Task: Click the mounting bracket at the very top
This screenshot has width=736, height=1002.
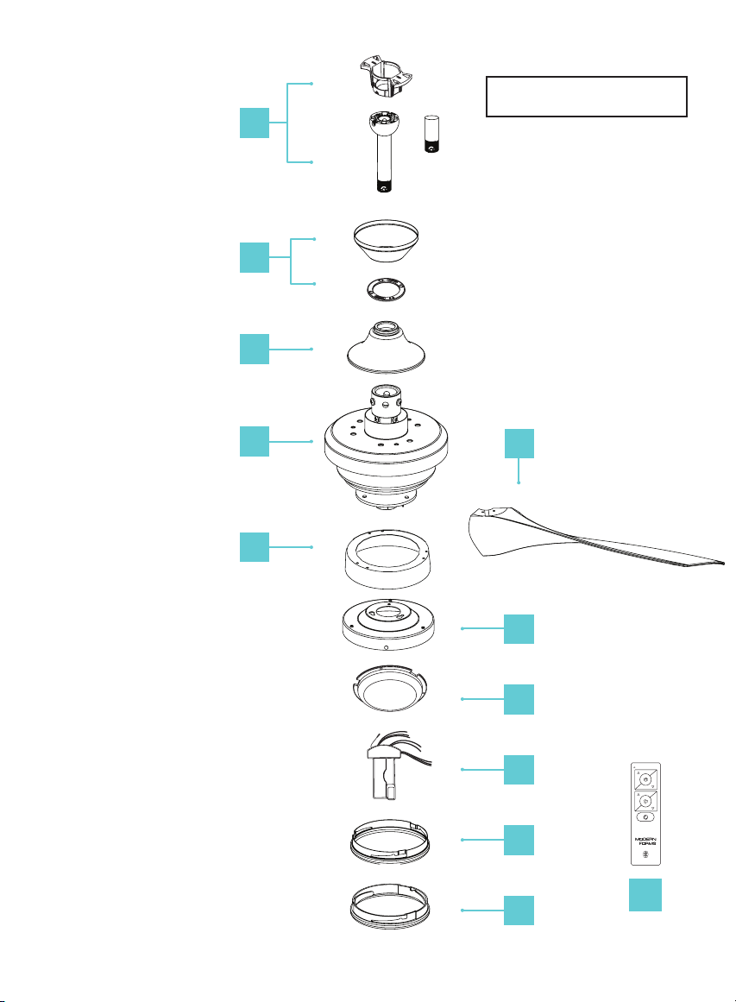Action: pos(386,78)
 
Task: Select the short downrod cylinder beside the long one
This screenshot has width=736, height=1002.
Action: pos(432,134)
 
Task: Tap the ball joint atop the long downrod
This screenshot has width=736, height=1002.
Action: pos(384,122)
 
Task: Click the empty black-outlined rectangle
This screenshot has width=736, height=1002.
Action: pos(587,97)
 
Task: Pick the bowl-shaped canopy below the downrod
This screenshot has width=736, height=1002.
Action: pos(387,241)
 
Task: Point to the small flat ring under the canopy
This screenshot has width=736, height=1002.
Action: pos(387,290)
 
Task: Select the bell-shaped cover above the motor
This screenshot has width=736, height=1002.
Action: pos(387,346)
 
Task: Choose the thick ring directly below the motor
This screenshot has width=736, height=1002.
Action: pos(387,559)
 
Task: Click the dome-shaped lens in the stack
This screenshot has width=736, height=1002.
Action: pos(389,688)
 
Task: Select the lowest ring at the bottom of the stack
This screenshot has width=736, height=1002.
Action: pos(390,906)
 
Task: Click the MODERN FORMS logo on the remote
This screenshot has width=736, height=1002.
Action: pos(646,841)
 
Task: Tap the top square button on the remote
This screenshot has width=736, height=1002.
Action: pos(645,779)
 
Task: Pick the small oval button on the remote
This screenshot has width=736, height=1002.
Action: pos(645,817)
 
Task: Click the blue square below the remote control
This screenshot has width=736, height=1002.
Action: pos(645,895)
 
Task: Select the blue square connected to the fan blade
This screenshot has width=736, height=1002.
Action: pos(519,444)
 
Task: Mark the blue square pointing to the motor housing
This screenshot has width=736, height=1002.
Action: pos(255,442)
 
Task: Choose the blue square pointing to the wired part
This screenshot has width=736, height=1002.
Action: pos(519,769)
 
